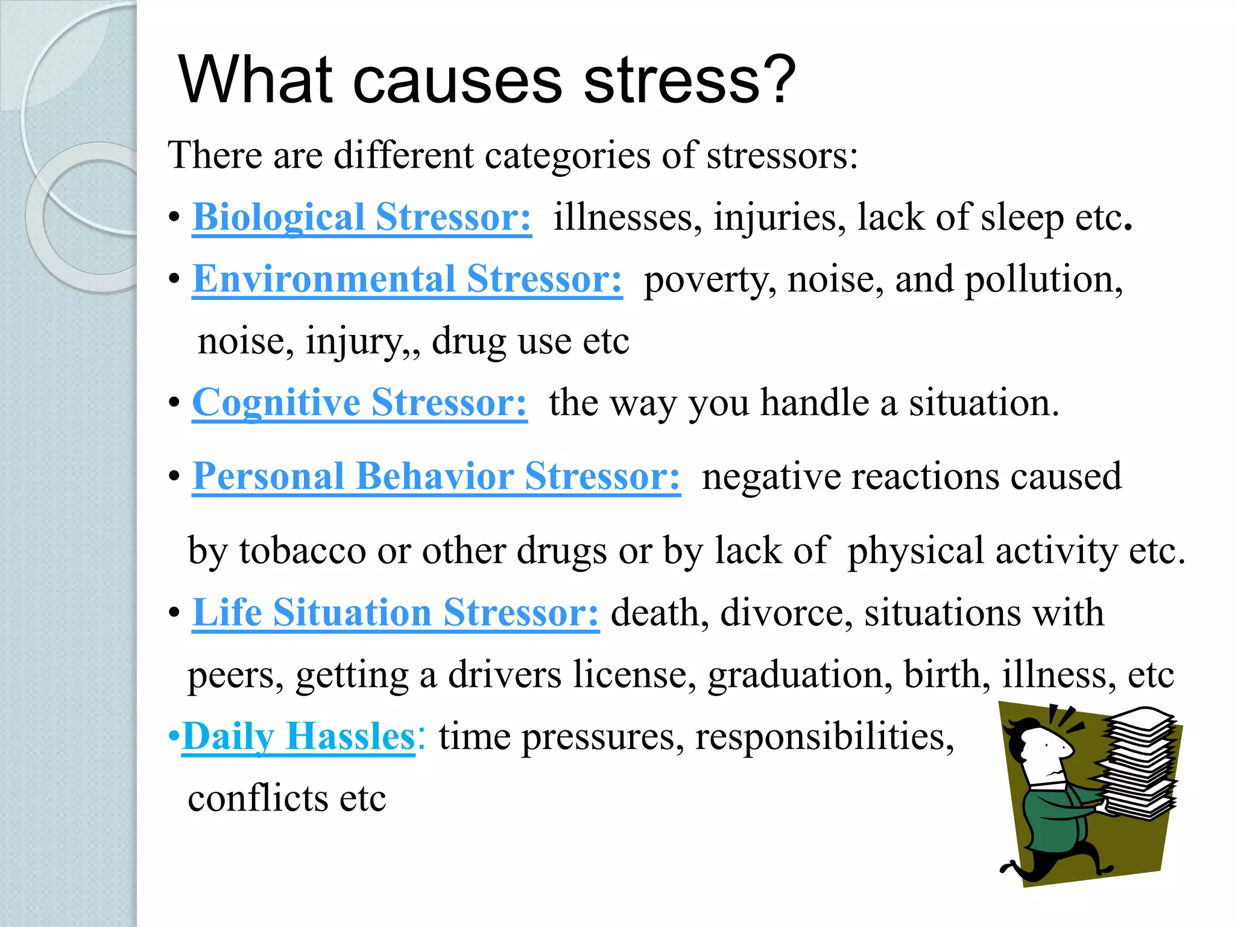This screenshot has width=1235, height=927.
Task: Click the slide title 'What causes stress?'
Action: [x=487, y=80]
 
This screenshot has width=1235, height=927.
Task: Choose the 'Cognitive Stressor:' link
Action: [x=359, y=403]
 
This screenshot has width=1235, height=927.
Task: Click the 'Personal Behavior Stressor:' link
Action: [x=436, y=476]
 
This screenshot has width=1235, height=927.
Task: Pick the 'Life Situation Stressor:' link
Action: [x=396, y=613]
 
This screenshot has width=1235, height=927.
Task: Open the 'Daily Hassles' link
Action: [x=298, y=736]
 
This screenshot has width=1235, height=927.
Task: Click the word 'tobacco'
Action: [x=303, y=550]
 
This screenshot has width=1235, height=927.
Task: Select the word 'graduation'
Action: [x=800, y=675]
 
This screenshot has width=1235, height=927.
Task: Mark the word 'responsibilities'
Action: [x=824, y=737]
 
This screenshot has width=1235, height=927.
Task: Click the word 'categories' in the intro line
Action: [x=567, y=156]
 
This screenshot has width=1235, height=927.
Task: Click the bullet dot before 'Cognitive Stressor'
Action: [x=174, y=403]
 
